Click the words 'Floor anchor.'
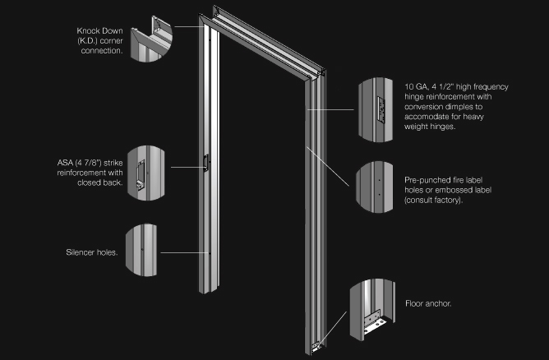tap(428, 303)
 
